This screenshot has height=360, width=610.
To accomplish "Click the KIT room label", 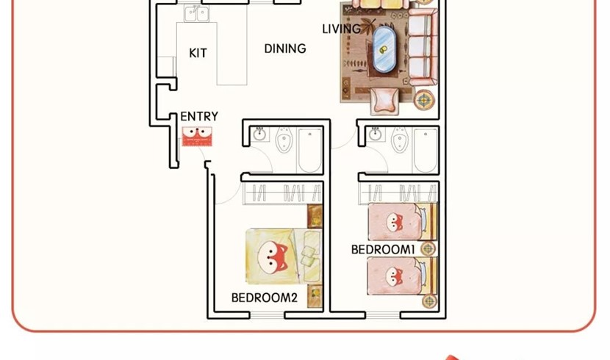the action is (198, 53).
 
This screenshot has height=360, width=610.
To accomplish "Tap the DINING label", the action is (285, 48).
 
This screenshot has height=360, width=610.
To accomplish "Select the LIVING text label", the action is (342, 29).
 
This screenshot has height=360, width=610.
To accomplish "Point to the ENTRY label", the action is (199, 116).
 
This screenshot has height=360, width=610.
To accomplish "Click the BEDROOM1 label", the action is (383, 250).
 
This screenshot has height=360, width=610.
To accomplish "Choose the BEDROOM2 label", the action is (264, 298).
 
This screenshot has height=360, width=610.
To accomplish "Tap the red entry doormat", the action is (197, 137).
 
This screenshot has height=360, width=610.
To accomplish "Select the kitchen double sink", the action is (196, 14).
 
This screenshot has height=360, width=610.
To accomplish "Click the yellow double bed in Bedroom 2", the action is (284, 256).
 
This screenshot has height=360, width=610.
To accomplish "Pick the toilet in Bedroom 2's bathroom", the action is (284, 140).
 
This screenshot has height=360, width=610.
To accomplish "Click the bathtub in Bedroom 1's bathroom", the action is (426, 151).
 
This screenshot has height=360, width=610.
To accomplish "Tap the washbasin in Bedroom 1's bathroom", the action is (376, 134).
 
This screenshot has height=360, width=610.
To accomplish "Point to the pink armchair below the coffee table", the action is (384, 101).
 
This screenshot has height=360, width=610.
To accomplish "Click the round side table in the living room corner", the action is (423, 100).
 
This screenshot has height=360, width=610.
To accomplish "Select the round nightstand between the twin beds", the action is (428, 249).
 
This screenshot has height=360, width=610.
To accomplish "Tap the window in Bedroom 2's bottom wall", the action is (267, 315).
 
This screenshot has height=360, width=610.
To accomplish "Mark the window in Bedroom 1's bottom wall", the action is (383, 315).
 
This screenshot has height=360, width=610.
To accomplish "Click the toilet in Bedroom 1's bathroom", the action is (400, 140).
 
